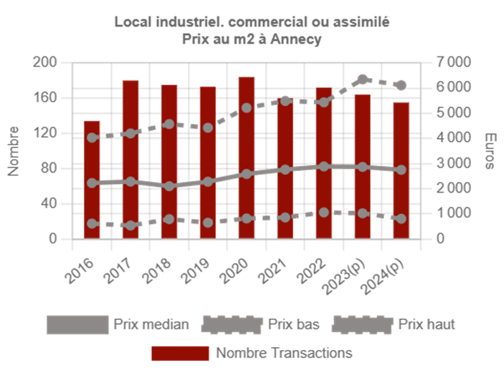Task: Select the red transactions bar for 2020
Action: click(247, 157)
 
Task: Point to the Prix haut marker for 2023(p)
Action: click(363, 79)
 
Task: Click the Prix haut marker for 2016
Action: click(92, 137)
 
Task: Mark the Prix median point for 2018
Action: click(169, 185)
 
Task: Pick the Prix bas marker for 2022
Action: click(324, 213)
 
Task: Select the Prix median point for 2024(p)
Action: click(401, 170)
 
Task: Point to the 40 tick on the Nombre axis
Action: click(49, 203)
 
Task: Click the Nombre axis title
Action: click(14, 150)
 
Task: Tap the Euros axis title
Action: click(490, 150)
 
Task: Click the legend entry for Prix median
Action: click(151, 324)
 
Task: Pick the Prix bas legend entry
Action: click(283, 324)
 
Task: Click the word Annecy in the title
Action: click(295, 40)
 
